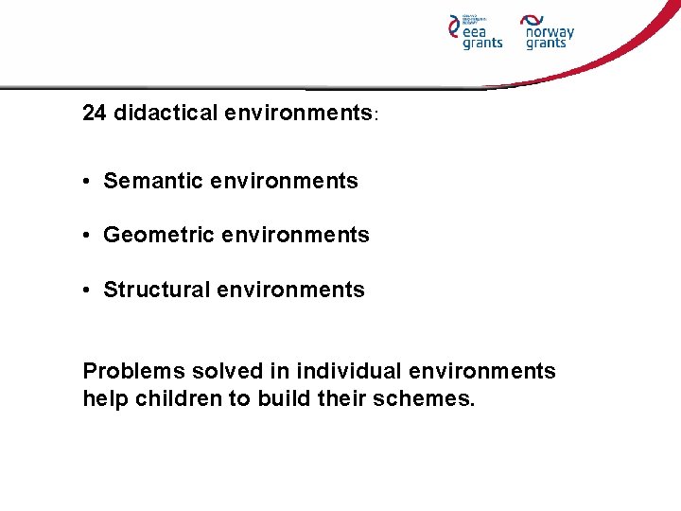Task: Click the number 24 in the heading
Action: click(x=95, y=114)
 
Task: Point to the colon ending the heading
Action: click(x=376, y=115)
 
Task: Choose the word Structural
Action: click(x=157, y=290)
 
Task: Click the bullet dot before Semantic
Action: click(x=87, y=182)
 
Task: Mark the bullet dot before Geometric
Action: click(x=87, y=236)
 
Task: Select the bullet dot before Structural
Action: click(x=87, y=291)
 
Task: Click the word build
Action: click(x=282, y=398)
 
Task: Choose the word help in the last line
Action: click(x=104, y=398)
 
